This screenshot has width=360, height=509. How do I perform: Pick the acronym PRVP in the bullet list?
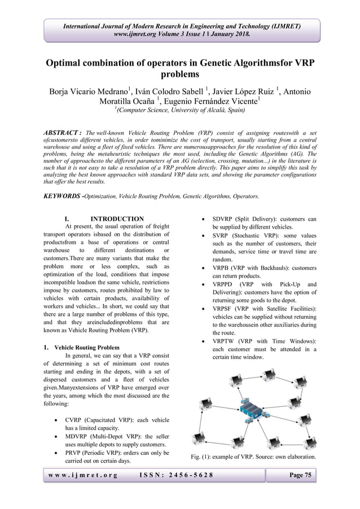(76, 457)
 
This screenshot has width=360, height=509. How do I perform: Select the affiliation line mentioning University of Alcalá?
(180, 111)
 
